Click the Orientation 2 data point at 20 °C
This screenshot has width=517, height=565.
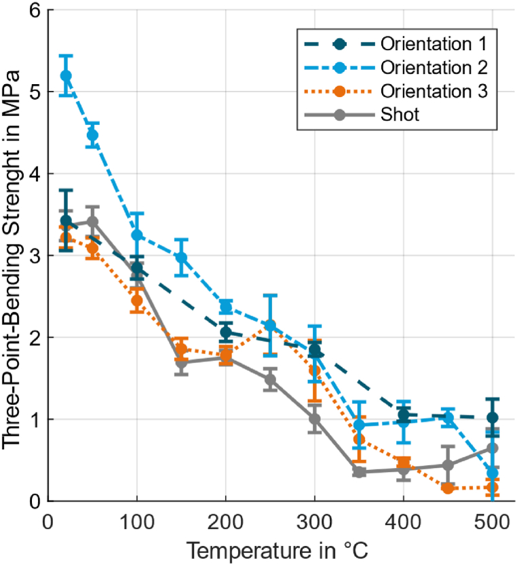(x=66, y=75)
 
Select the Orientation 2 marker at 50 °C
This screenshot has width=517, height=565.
(x=92, y=135)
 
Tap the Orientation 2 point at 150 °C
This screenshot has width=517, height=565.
(x=181, y=258)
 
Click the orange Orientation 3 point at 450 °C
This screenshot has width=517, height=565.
(x=448, y=488)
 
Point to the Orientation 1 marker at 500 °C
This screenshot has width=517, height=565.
(x=492, y=418)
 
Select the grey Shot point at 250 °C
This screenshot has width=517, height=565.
(x=270, y=380)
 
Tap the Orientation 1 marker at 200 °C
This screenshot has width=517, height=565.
(x=226, y=332)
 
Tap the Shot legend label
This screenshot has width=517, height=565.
(x=400, y=115)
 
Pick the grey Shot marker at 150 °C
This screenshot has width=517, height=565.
(x=181, y=362)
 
